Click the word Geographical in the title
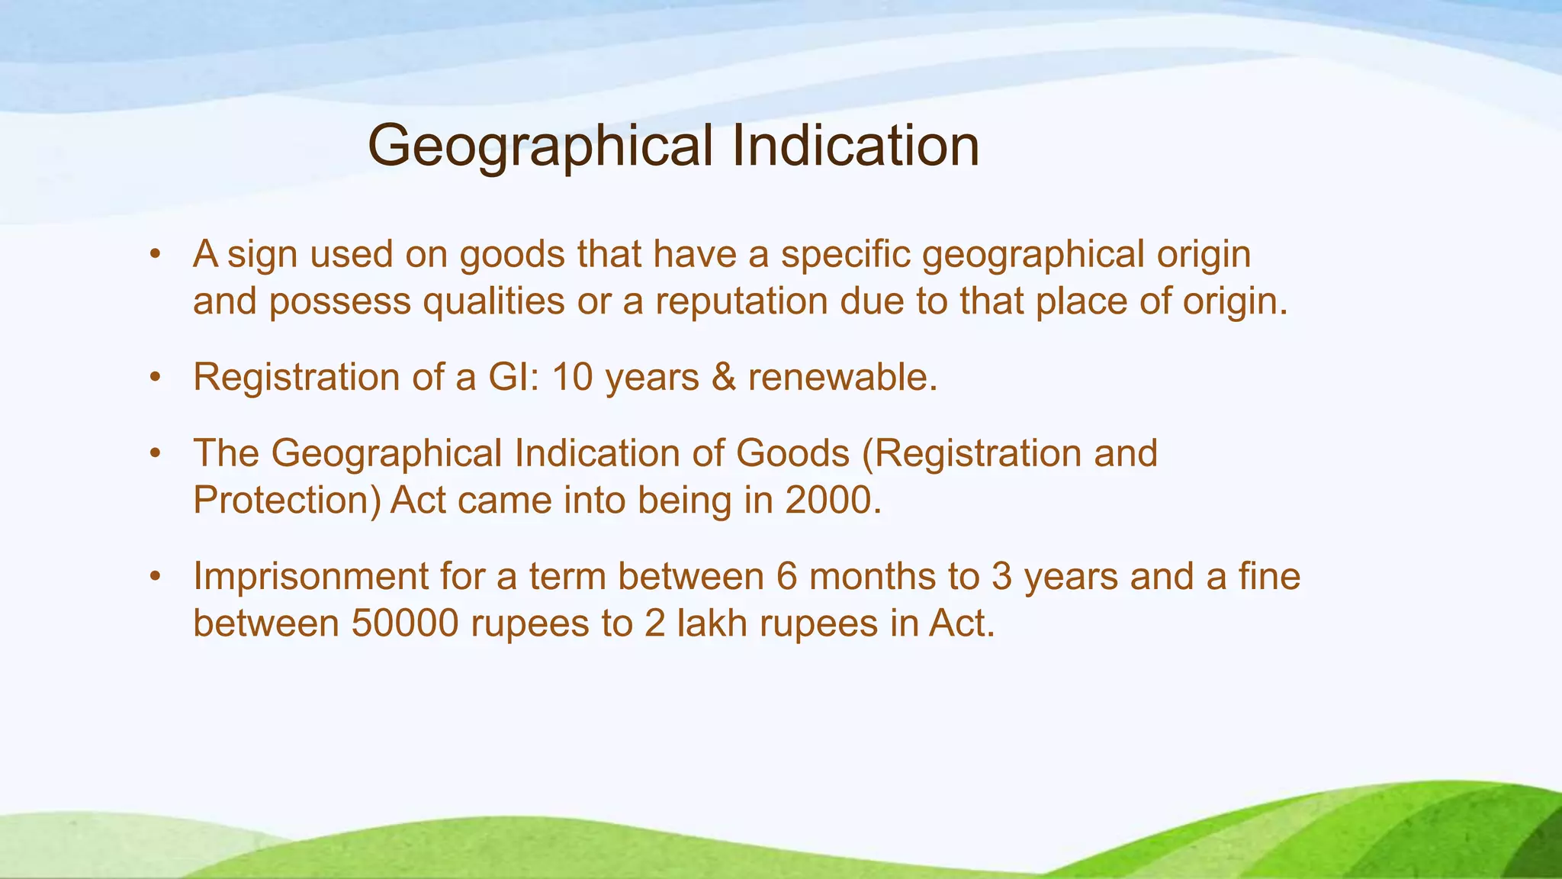(542, 146)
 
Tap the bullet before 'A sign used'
(156, 254)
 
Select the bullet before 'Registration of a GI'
(156, 377)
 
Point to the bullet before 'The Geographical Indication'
(156, 453)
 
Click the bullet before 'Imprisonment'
(156, 576)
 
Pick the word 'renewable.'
(843, 377)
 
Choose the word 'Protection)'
(286, 501)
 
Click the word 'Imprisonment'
(310, 576)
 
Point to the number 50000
(405, 623)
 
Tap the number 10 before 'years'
(572, 377)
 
